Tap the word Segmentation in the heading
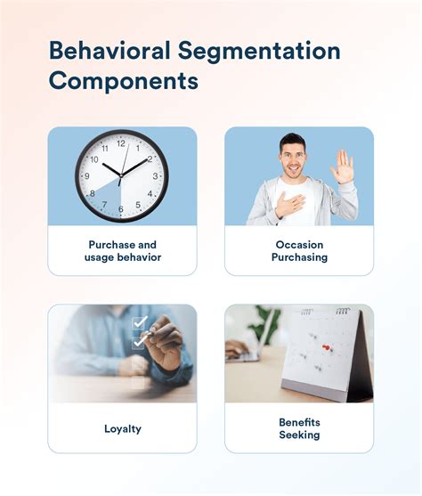coord(258,51)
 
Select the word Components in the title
coord(123,82)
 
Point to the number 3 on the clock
coord(157,175)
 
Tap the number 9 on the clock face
coord(86,175)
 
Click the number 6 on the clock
coord(122,209)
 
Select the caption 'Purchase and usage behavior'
coord(123,250)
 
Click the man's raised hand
coord(343,167)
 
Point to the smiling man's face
coord(295,158)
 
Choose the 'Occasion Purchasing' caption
coord(299,250)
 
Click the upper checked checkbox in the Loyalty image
coord(139,322)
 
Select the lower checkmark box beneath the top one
coord(139,340)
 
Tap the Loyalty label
coord(123,428)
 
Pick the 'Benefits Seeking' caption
coord(299,428)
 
